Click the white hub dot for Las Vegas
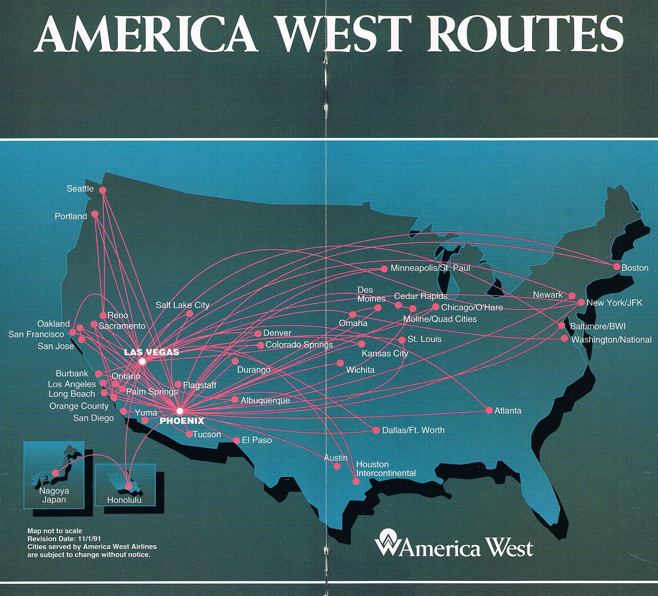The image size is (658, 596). click(142, 361)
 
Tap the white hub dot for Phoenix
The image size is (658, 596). click(180, 411)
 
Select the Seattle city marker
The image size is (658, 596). click(103, 190)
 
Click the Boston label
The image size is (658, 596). click(635, 268)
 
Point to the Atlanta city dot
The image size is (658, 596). click(489, 411)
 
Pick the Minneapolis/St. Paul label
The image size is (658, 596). click(430, 268)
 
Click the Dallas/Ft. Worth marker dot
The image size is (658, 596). click(376, 430)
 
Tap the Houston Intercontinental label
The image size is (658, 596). click(386, 469)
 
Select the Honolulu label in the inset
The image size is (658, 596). click(124, 500)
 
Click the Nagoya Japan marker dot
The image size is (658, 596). click(56, 473)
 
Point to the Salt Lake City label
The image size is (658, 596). click(182, 305)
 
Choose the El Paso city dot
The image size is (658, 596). click(237, 440)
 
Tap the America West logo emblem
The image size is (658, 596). click(387, 542)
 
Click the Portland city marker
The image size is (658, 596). click(95, 214)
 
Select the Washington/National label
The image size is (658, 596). click(611, 339)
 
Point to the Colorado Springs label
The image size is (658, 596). click(299, 344)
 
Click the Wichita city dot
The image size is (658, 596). click(340, 363)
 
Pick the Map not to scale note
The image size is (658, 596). click(55, 531)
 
